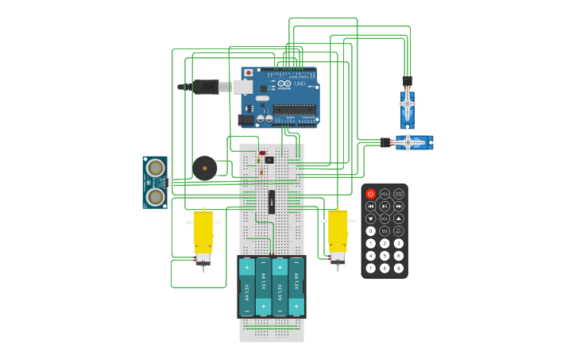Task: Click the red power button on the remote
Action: [370, 194]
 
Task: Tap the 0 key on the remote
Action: [370, 231]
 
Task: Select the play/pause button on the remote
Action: [385, 206]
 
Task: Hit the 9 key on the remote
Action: [399, 268]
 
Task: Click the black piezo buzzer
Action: [204, 168]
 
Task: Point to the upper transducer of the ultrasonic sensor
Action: [156, 168]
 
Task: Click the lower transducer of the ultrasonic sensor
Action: [156, 196]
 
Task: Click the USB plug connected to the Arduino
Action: [208, 86]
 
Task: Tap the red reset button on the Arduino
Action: [248, 72]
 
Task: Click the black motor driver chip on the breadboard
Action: [271, 202]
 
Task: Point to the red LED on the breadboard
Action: [262, 153]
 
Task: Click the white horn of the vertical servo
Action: [407, 103]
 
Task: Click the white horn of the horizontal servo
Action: [408, 142]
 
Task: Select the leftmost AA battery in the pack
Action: [247, 287]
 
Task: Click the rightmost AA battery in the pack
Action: [296, 287]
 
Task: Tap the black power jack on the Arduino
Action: [245, 120]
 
